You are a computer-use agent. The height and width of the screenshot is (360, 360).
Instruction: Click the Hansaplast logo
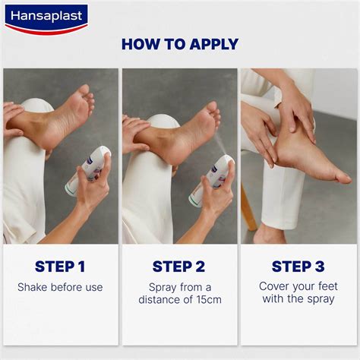point(46,17)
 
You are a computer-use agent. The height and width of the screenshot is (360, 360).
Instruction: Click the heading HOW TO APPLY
point(180,44)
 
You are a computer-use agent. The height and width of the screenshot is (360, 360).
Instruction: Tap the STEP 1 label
point(60,266)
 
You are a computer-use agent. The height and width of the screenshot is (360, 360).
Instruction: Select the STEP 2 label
point(179,266)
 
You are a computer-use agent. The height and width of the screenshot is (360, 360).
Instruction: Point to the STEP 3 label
point(298,266)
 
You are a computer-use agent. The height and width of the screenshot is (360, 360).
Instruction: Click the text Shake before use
point(60,287)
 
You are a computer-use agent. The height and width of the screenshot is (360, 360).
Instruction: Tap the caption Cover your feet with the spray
point(298,292)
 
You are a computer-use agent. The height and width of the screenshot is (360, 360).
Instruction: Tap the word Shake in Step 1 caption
point(33,287)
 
